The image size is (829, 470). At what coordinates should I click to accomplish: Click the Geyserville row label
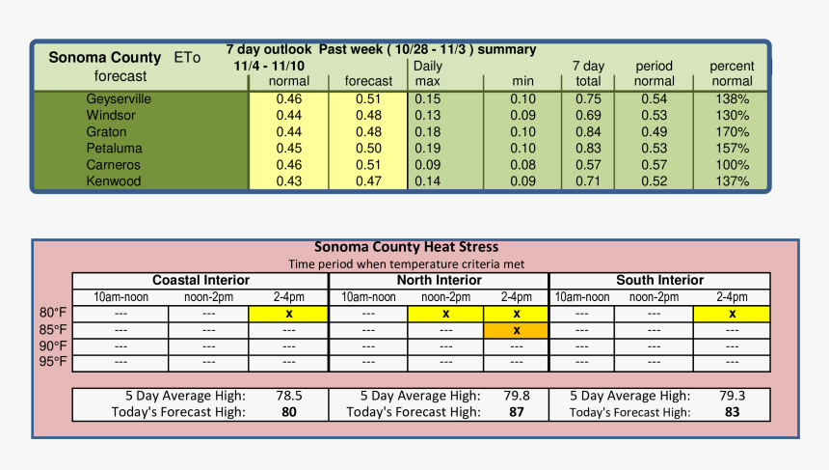pyautogui.click(x=119, y=99)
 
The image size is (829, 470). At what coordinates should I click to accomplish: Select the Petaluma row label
pyautogui.click(x=114, y=149)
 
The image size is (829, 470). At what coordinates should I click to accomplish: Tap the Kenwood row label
pyautogui.click(x=114, y=181)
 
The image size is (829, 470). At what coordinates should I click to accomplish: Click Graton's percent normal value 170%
pyautogui.click(x=733, y=132)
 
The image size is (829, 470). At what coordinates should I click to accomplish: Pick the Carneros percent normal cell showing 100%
pyautogui.click(x=733, y=165)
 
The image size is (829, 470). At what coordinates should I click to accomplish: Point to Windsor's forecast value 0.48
pyautogui.click(x=368, y=116)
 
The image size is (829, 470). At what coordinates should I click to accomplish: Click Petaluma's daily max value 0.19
pyautogui.click(x=428, y=149)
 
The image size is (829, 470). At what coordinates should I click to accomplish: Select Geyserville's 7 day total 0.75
pyautogui.click(x=588, y=99)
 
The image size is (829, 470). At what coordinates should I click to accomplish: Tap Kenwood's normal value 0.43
pyautogui.click(x=289, y=181)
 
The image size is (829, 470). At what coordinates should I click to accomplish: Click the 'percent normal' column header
pyautogui.click(x=732, y=73)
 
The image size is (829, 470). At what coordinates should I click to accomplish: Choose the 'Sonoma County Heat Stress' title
pyautogui.click(x=406, y=247)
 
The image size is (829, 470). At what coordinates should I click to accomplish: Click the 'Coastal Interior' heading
pyautogui.click(x=201, y=281)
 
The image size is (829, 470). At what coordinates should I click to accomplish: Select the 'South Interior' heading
pyautogui.click(x=660, y=281)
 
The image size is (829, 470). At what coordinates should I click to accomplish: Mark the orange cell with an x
pyautogui.click(x=517, y=330)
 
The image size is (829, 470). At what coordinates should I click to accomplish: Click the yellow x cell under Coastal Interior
pyautogui.click(x=288, y=314)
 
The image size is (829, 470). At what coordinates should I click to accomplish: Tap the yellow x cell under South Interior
pyautogui.click(x=732, y=314)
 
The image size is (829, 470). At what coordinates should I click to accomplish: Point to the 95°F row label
pyautogui.click(x=52, y=362)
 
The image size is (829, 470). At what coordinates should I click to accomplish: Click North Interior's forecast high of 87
pyautogui.click(x=517, y=412)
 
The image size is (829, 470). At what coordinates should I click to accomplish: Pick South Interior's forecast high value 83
pyautogui.click(x=732, y=412)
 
